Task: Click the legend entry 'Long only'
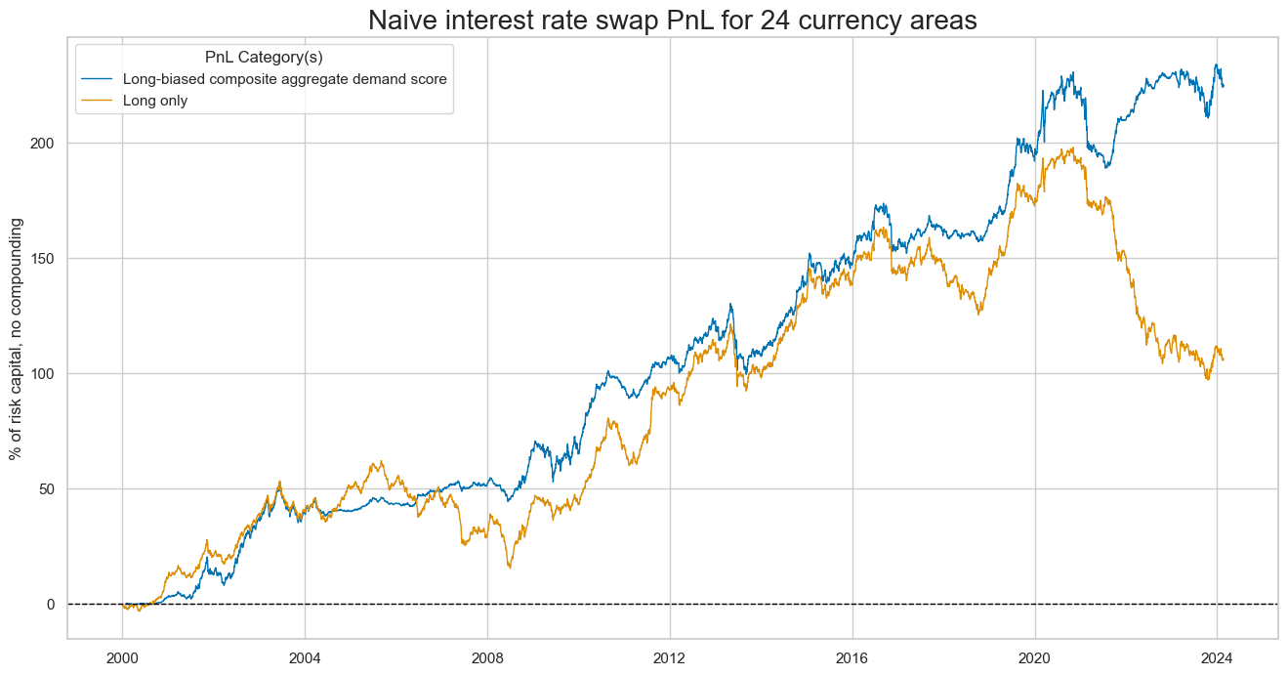pos(155,100)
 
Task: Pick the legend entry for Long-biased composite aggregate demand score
pos(284,79)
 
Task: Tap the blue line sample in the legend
pos(98,79)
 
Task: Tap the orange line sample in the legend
pos(98,100)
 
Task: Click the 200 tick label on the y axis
pos(47,143)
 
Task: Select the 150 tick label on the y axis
pos(47,258)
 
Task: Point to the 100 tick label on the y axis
pos(47,373)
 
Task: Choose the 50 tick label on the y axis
pos(51,488)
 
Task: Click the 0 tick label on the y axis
pos(55,604)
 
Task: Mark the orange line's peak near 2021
pos(1073,148)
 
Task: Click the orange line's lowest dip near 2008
pos(509,568)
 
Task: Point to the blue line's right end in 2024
pos(1223,86)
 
